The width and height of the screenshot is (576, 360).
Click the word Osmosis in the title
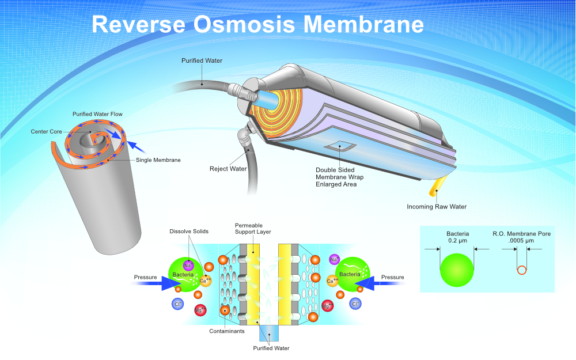tap(244, 24)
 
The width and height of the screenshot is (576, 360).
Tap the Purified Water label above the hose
tap(202, 60)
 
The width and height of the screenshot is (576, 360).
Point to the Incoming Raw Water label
tap(437, 206)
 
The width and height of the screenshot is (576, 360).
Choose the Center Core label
tap(46, 131)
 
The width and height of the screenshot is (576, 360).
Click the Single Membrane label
tap(158, 160)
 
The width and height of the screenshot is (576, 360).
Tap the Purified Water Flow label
tap(97, 114)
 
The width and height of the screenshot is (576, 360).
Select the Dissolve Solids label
tap(189, 232)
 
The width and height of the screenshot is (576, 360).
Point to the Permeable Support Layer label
tap(253, 228)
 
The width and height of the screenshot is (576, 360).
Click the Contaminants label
tap(226, 331)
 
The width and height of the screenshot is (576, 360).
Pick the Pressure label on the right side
tap(393, 277)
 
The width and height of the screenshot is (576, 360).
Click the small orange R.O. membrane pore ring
tap(521, 270)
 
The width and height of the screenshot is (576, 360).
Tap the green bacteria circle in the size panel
tap(457, 269)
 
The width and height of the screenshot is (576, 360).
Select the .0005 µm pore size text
tap(521, 241)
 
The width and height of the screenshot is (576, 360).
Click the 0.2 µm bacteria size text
tap(457, 241)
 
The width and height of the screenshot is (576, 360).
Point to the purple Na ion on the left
tap(188, 265)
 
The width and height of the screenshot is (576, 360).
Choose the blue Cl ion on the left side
tap(177, 304)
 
